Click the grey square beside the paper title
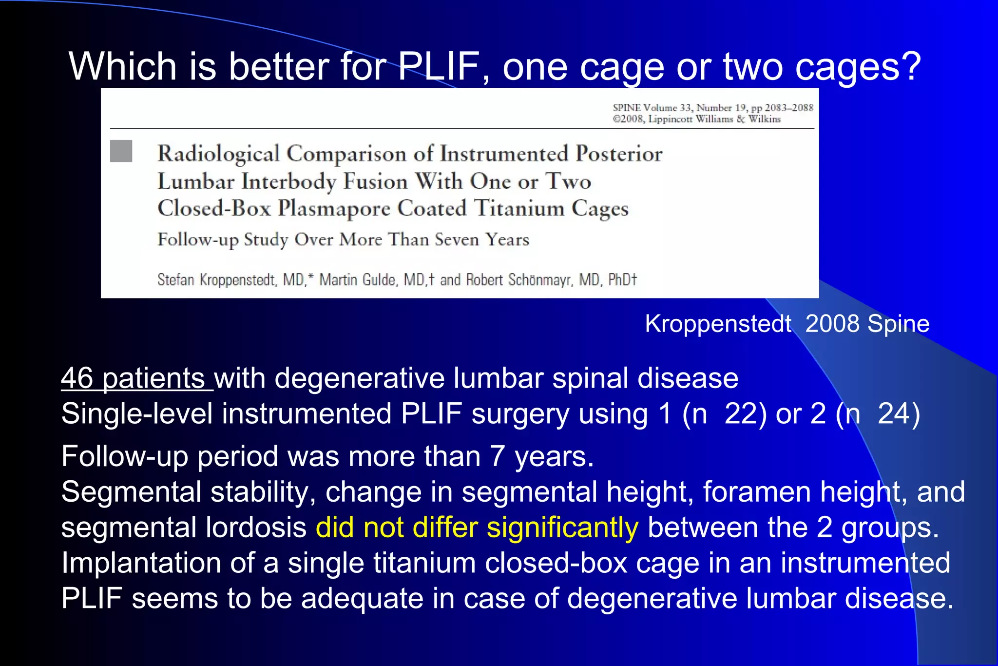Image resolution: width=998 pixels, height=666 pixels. coord(121,151)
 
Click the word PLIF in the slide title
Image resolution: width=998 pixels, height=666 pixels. coord(438,67)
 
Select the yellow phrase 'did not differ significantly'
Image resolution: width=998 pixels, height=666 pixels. coord(477,528)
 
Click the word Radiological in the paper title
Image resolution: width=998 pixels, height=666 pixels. coord(218,154)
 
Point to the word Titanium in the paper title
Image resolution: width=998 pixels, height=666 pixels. coord(519,209)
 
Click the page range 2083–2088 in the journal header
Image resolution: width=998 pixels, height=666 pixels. coord(788,108)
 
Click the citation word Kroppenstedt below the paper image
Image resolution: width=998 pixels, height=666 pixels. coord(718,324)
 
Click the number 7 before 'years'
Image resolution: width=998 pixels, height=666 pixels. coord(497,456)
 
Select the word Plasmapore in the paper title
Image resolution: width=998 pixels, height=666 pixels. coord(334,209)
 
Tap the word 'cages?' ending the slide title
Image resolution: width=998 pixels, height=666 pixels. coord(858,67)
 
